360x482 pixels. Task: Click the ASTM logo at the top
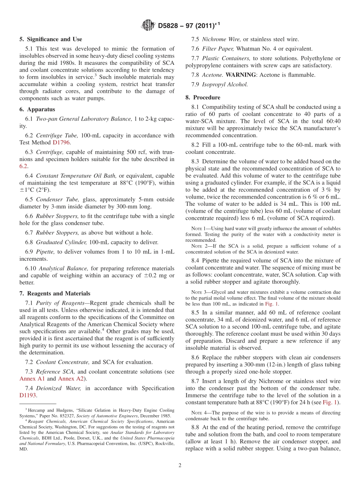point(148,25)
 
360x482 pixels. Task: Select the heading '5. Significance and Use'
point(51,39)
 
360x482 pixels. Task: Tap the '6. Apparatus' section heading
point(37,110)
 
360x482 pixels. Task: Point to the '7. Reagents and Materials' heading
point(55,294)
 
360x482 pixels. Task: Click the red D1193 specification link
point(27,395)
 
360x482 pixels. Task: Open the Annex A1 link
point(32,379)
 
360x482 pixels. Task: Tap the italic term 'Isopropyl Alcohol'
point(225,85)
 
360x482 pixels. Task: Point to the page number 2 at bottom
point(180,465)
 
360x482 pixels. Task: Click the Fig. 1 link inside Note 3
point(271,304)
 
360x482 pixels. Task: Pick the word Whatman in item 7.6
point(249,49)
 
